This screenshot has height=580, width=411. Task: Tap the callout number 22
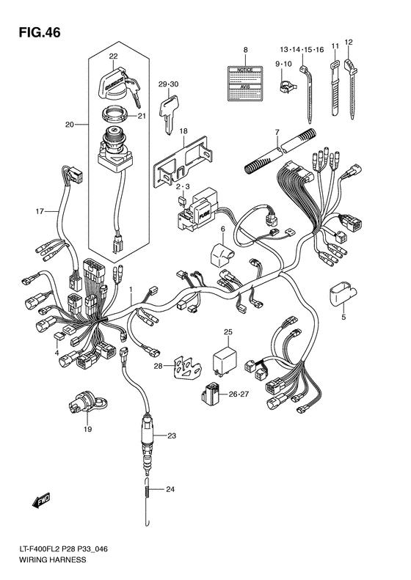pyautogui.click(x=113, y=56)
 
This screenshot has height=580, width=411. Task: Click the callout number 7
pyautogui.click(x=277, y=131)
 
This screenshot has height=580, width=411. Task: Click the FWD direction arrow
pyautogui.click(x=37, y=501)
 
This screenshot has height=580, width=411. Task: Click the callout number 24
pyautogui.click(x=170, y=489)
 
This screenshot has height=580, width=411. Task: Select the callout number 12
pyautogui.click(x=349, y=42)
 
